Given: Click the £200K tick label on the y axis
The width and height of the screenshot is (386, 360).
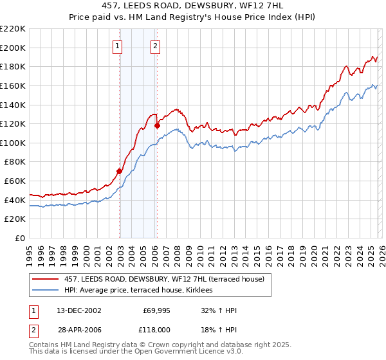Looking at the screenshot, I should click(x=13, y=48).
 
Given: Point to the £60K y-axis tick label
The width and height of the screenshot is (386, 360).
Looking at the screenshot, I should click(x=15, y=181).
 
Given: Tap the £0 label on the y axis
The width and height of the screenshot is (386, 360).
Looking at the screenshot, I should click(x=21, y=238).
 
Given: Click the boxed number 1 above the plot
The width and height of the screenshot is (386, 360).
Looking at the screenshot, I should click(x=118, y=46).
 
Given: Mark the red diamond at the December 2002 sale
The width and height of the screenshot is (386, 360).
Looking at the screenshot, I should click(x=120, y=171).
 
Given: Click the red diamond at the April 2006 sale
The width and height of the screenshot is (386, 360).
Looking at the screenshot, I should click(x=157, y=126).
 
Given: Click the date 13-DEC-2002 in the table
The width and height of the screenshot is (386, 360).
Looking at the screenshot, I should click(x=78, y=310).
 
